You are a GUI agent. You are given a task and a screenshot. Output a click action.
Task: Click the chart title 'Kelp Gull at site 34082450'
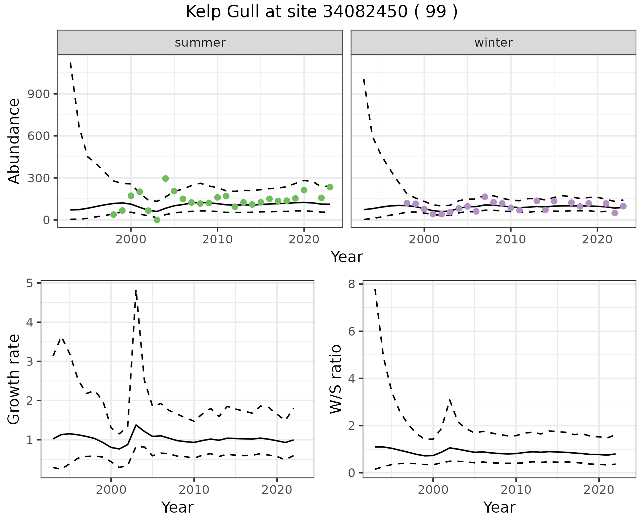click(321, 12)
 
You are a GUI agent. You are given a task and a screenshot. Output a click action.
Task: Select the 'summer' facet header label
click(200, 43)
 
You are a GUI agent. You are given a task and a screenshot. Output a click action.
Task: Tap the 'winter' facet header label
click(493, 43)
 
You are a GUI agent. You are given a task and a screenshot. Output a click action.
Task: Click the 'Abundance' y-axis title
click(14, 141)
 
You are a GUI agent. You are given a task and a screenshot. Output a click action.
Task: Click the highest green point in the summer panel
click(165, 178)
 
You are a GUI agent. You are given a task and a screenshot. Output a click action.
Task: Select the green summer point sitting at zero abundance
click(157, 220)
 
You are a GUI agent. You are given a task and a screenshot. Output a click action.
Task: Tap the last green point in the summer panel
click(330, 187)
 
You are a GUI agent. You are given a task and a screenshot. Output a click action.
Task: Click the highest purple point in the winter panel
click(485, 197)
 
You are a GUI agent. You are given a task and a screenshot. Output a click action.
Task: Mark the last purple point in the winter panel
click(623, 206)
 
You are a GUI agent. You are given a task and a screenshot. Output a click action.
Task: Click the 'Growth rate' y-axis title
click(14, 380)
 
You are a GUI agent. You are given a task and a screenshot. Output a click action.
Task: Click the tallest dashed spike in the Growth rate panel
click(136, 290)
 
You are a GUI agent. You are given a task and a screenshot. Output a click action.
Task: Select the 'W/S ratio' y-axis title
click(335, 379)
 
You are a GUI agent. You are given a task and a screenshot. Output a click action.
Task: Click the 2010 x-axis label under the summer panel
click(217, 239)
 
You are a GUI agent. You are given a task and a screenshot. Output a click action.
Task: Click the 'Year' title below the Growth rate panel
click(177, 507)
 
